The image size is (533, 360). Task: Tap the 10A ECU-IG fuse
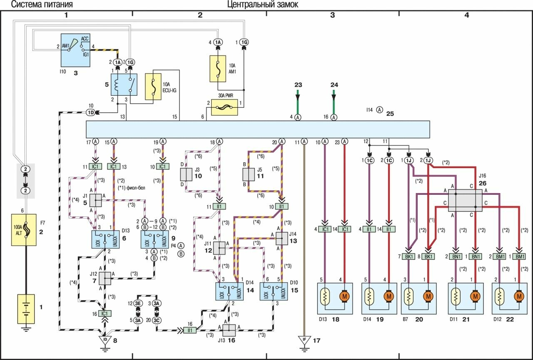(153, 86)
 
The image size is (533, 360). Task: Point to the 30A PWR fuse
(225, 109)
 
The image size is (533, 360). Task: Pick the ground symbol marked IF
(304, 341)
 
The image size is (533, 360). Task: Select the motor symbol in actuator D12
(519, 297)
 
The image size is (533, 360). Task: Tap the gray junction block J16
(465, 200)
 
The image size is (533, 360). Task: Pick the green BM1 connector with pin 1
(520, 257)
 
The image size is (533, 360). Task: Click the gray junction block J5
(249, 175)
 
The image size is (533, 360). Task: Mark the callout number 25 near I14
(390, 113)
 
